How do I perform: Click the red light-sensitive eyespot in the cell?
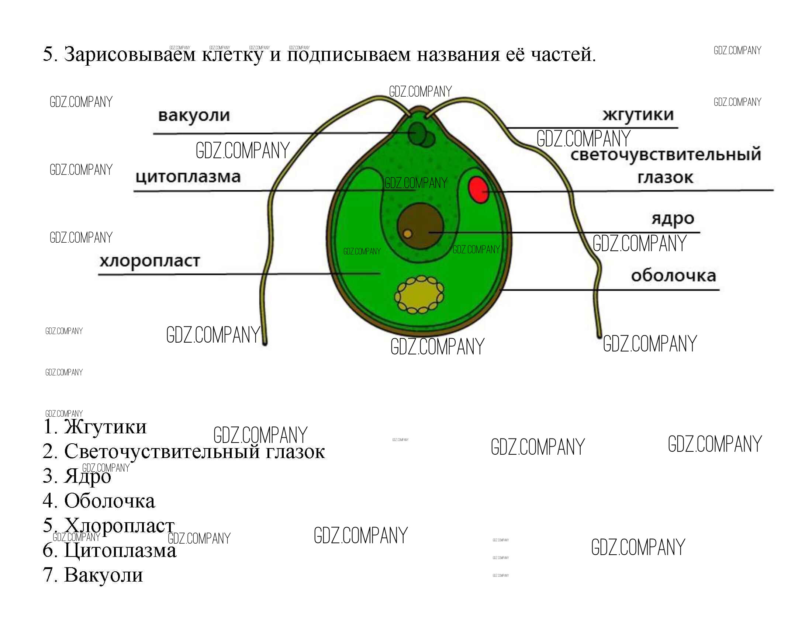point(478,190)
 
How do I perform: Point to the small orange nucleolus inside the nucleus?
point(407,233)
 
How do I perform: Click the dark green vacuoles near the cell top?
point(420,135)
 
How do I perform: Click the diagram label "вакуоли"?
point(194,115)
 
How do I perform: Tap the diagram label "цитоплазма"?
point(188,176)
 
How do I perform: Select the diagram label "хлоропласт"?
point(149,261)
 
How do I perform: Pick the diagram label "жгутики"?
point(637,114)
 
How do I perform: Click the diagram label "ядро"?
point(672,218)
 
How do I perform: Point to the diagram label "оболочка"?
point(673,275)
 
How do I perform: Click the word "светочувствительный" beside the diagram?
point(666,154)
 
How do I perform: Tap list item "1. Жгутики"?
point(95,427)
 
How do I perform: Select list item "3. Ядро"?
point(77,476)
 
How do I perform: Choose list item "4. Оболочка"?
point(99,501)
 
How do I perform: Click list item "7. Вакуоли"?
point(93,575)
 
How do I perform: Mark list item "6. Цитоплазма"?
point(110,550)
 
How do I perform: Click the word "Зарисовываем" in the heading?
point(130,54)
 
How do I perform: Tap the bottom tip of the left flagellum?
point(265,343)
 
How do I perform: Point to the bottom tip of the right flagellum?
point(599,335)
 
